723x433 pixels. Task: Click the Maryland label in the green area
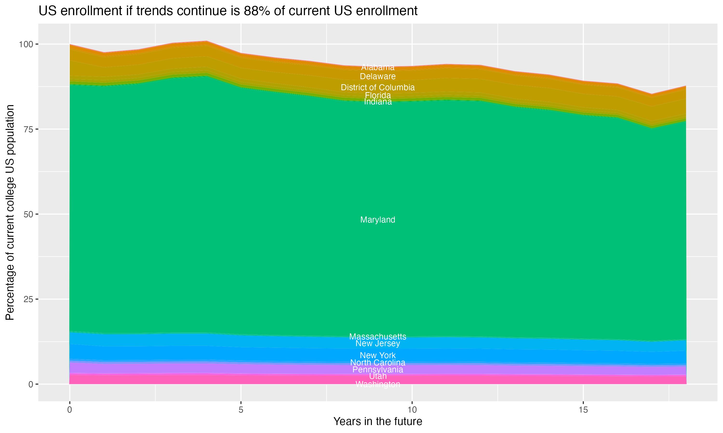point(378,220)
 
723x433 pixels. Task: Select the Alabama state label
point(378,67)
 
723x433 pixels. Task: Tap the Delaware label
point(378,76)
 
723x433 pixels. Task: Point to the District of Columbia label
point(378,87)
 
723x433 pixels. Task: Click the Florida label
point(378,95)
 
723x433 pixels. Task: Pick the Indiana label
point(378,102)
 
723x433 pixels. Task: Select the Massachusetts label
point(378,337)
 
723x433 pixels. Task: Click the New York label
point(378,355)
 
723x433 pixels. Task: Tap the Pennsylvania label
point(378,370)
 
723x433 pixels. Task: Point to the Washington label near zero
point(378,384)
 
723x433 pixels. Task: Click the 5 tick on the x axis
point(241,410)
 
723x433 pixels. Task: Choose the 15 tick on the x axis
point(583,410)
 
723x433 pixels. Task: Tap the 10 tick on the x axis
point(412,410)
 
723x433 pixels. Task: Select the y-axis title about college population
point(10,212)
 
